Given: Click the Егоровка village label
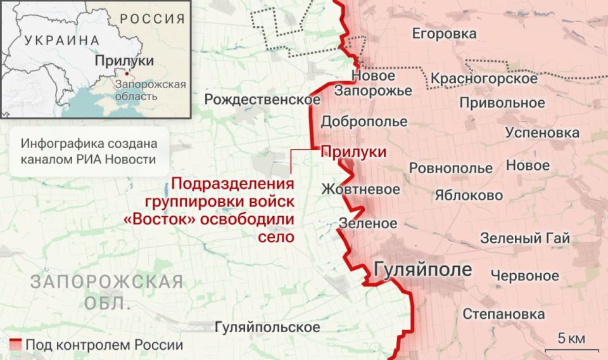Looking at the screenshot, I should [444, 33].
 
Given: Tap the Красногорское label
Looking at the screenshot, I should [484, 79].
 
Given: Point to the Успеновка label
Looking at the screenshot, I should [541, 133].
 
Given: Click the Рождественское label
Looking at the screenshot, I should [262, 100].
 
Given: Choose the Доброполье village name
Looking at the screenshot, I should [364, 122].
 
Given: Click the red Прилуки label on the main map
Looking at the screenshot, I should [354, 152].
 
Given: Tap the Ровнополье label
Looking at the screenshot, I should [450, 169].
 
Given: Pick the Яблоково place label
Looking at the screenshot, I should [469, 195].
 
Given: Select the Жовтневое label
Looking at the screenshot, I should [360, 190].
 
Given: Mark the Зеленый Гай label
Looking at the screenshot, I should [525, 239].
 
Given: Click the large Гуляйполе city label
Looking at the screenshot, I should [423, 269].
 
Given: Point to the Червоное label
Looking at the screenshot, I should [525, 276].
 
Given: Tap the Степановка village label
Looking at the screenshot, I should [503, 314].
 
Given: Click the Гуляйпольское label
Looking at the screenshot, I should [267, 328].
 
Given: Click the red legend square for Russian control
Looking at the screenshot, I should [16, 345].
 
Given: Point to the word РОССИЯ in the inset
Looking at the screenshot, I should [153, 18].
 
